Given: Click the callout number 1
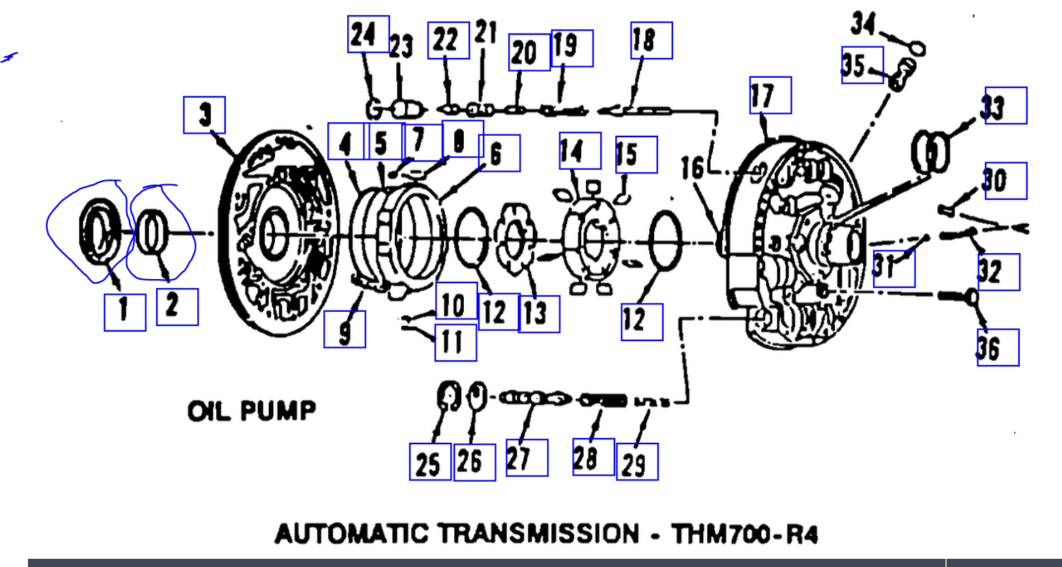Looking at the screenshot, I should coord(124,311).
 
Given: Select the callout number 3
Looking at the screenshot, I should coord(205,115).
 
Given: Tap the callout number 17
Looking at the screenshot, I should coord(769,95).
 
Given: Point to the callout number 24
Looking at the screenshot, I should coord(368,34).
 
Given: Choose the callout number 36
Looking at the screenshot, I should coord(997,348).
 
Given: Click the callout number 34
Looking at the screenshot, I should coord(863,26).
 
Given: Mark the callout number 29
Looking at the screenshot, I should coord(636,462).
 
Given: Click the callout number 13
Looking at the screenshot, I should coord(539,315).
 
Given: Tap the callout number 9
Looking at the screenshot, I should coord(344,329).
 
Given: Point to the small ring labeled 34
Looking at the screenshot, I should coord(918,48).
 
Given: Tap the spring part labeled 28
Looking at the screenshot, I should coord(603,401).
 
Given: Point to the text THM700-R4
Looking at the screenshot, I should coord(744,534).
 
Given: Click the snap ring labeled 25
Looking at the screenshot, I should coord(447,396).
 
